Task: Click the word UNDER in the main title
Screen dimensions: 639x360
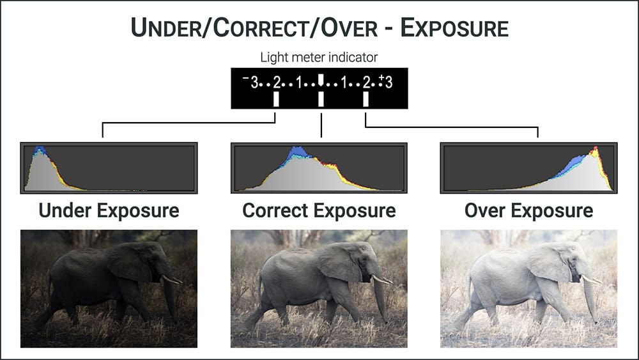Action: pos(166,27)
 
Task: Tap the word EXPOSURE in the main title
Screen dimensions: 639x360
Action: pos(454,27)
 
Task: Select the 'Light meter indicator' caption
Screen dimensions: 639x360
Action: pos(319,58)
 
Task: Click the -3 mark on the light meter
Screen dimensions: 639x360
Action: pos(250,82)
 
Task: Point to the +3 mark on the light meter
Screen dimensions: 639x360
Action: pos(385,82)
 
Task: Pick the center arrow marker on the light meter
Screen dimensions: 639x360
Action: pos(321,80)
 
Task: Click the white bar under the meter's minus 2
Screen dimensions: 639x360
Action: pos(276,99)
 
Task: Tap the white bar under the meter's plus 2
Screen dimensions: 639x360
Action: pos(366,99)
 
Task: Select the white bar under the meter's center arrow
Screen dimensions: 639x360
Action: pos(321,99)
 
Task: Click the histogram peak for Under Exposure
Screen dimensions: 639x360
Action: pos(39,148)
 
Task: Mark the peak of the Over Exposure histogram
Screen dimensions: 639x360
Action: pos(596,148)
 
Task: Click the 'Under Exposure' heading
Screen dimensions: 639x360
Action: pos(109,211)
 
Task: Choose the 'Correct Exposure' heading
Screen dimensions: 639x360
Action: pos(319,211)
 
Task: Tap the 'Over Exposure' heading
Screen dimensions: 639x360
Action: pos(529,211)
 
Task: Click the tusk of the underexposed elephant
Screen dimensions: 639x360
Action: pos(171,279)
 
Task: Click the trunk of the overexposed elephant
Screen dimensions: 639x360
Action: pos(590,299)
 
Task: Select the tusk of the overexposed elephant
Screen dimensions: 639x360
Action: pos(592,279)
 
